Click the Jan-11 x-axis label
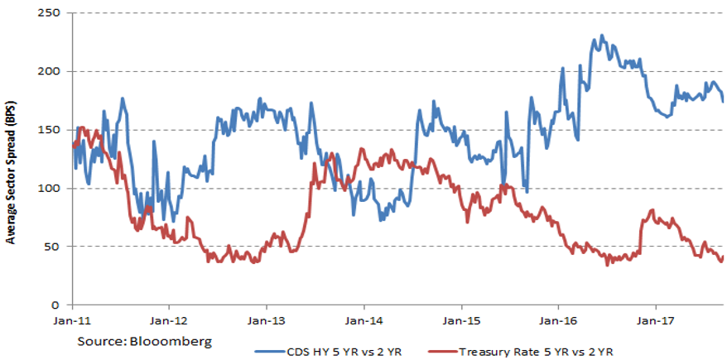pos(73,319)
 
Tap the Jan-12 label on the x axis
pos(170,319)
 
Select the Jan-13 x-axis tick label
pos(267,319)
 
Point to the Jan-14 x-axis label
pos(363,319)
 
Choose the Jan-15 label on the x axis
pos(460,319)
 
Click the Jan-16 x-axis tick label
pos(557,319)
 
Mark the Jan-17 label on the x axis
pos(654,319)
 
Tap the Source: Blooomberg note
pos(145,340)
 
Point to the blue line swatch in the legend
pos(269,351)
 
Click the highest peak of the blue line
pos(602,36)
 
